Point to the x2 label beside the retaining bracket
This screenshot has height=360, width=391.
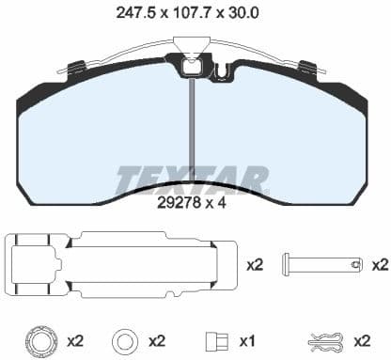click(255, 266)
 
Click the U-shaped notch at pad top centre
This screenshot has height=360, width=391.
click(223, 70)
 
